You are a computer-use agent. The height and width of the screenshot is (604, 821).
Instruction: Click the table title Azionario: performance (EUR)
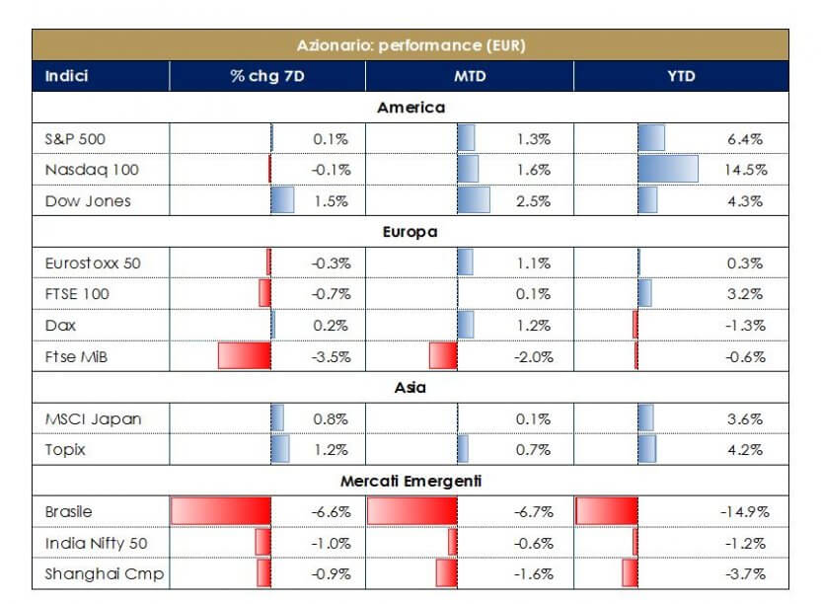tap(410, 45)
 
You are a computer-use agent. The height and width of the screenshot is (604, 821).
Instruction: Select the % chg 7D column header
tap(266, 76)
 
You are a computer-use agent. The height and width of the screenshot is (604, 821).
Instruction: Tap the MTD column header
tap(469, 76)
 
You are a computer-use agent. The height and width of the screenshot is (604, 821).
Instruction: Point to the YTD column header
tap(681, 76)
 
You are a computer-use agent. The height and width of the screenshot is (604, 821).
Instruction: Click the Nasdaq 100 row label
tap(93, 170)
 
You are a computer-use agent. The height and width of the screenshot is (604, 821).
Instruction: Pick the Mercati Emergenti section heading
tap(410, 482)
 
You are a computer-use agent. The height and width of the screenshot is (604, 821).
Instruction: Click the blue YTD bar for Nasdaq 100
tap(668, 170)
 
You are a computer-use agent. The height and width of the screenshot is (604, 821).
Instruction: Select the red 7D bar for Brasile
tap(221, 511)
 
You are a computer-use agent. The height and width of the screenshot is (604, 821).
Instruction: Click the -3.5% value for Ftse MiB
tap(331, 356)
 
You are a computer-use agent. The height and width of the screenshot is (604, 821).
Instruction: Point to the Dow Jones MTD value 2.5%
tap(533, 201)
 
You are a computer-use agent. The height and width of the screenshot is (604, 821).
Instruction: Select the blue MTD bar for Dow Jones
tap(474, 201)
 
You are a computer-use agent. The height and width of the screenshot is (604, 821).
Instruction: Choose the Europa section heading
tap(410, 233)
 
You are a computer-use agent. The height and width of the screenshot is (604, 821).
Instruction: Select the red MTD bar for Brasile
tap(412, 511)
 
